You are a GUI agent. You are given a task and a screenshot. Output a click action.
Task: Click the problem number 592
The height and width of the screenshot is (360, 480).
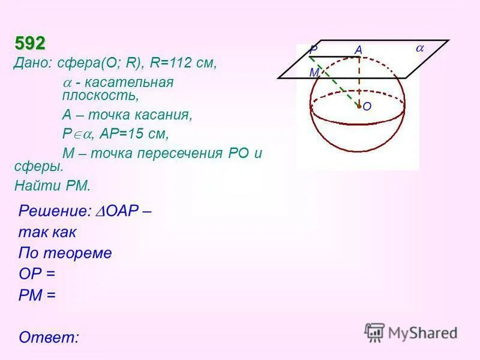click(x=30, y=44)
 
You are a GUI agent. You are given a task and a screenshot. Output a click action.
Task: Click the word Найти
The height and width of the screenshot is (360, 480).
click(x=36, y=185)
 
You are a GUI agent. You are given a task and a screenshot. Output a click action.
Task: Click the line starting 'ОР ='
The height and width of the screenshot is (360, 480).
click(x=37, y=274)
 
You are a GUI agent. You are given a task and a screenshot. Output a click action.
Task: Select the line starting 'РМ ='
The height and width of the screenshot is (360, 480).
click(x=37, y=295)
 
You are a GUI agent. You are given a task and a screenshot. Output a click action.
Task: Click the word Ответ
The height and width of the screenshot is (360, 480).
click(x=49, y=337)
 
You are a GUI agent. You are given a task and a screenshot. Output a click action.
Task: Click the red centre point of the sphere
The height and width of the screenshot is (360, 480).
click(x=359, y=107)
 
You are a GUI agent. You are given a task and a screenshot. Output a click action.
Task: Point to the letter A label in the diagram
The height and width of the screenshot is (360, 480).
click(x=358, y=51)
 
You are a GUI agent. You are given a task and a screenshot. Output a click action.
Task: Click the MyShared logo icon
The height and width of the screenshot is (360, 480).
click(x=374, y=332)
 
